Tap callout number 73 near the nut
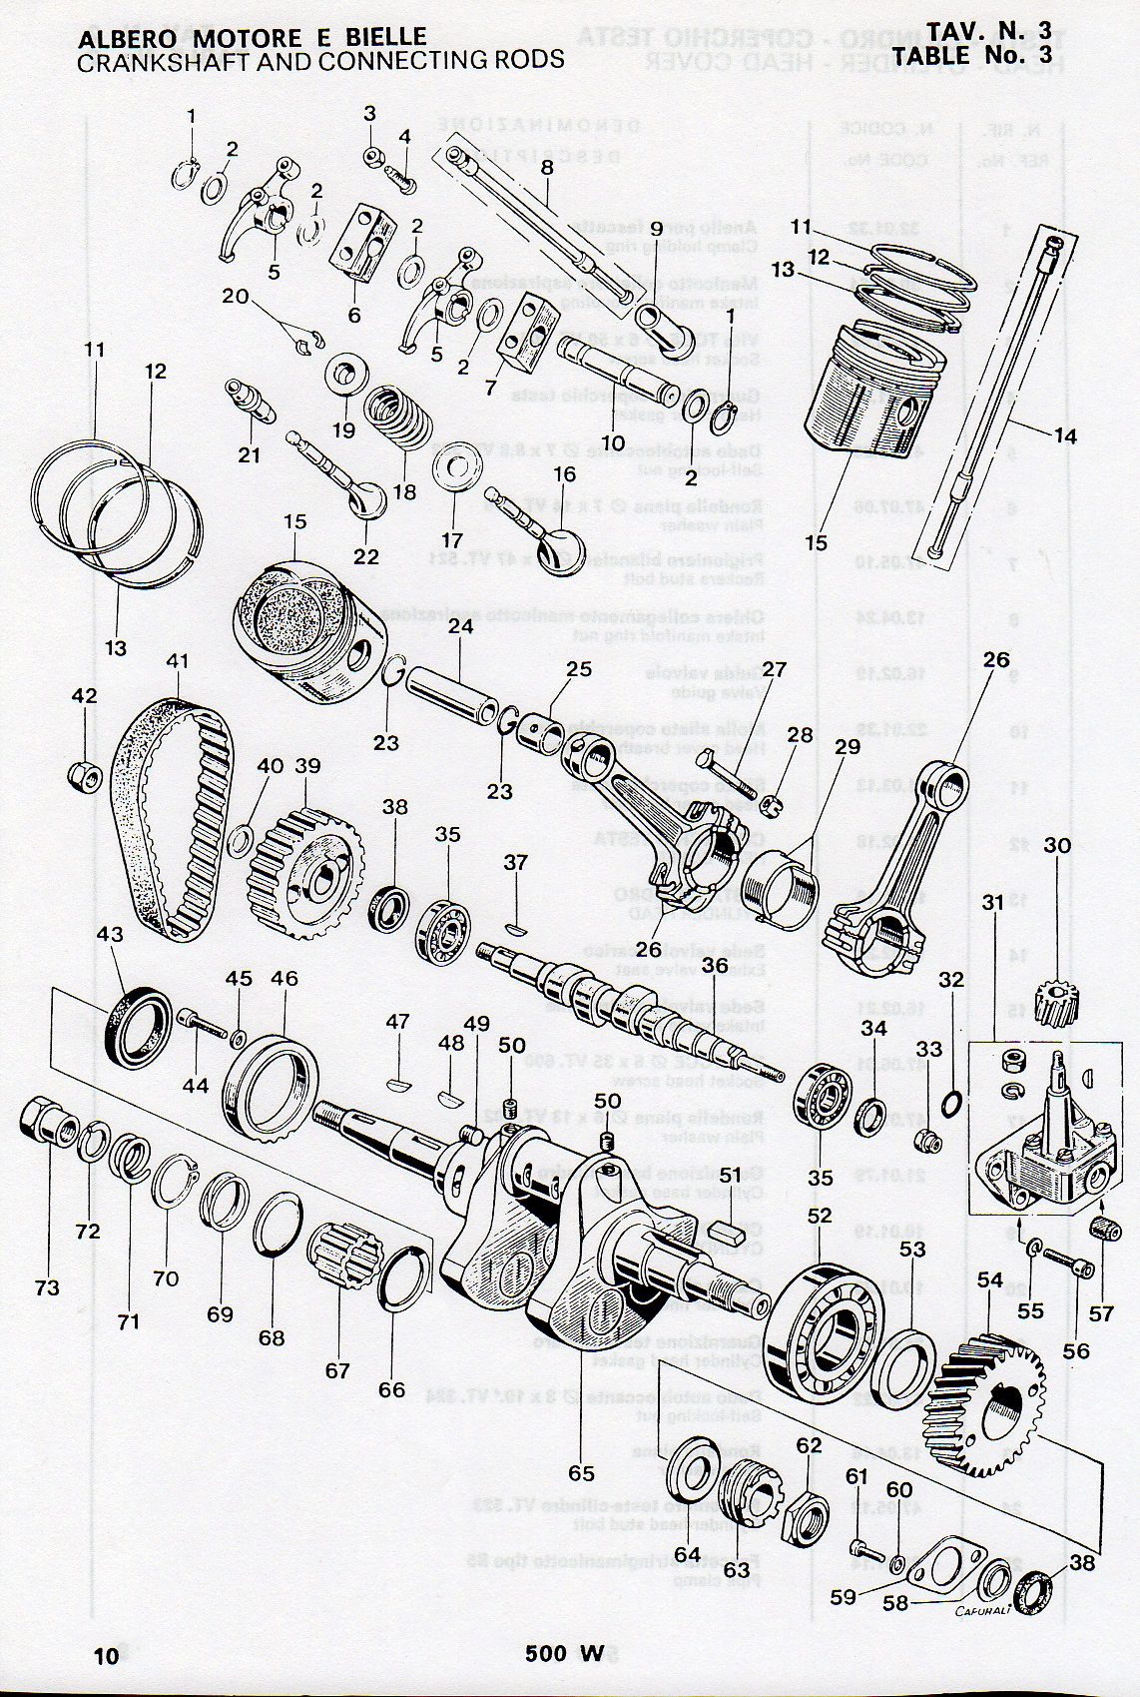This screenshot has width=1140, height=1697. point(47,1287)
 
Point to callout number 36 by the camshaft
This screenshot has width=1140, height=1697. point(714,966)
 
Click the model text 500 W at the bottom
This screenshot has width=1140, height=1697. point(565,1654)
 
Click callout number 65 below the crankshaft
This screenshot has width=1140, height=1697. point(581,1473)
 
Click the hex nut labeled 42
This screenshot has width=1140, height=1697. point(84,774)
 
